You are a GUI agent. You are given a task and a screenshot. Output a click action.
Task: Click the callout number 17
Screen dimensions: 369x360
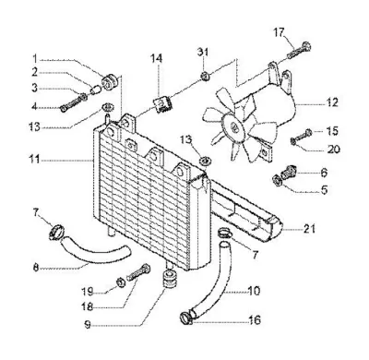(280, 32)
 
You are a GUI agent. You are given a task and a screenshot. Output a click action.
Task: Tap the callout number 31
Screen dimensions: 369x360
(203, 52)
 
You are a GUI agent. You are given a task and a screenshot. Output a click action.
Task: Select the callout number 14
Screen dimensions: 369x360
(157, 58)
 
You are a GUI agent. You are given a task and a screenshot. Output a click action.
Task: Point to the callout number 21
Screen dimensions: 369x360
(309, 229)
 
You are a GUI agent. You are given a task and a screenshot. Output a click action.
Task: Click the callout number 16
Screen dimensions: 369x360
(254, 319)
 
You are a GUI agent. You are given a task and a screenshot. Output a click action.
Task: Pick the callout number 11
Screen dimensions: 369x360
(34, 160)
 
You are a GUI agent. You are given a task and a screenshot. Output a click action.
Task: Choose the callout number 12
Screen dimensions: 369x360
(332, 102)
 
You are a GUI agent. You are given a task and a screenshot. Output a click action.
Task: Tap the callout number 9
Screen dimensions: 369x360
(88, 325)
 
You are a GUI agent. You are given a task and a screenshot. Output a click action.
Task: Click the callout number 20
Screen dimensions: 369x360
(334, 150)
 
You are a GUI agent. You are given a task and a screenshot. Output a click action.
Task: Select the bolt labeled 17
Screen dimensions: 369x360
(299, 50)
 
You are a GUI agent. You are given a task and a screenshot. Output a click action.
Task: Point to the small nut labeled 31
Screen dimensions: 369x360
(204, 75)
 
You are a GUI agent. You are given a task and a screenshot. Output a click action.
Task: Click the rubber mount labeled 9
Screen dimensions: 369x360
(169, 278)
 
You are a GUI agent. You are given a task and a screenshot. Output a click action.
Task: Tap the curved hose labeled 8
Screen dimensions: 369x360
(92, 250)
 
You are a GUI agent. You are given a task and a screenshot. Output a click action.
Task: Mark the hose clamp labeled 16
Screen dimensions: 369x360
(185, 318)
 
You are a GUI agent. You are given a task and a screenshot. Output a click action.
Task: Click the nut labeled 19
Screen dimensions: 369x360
(120, 282)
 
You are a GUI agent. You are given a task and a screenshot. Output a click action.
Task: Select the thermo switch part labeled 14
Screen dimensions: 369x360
(163, 105)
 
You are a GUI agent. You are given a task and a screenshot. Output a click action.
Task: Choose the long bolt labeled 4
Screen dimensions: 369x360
(73, 103)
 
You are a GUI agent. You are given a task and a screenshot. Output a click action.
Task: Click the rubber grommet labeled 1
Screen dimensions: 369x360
(108, 81)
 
